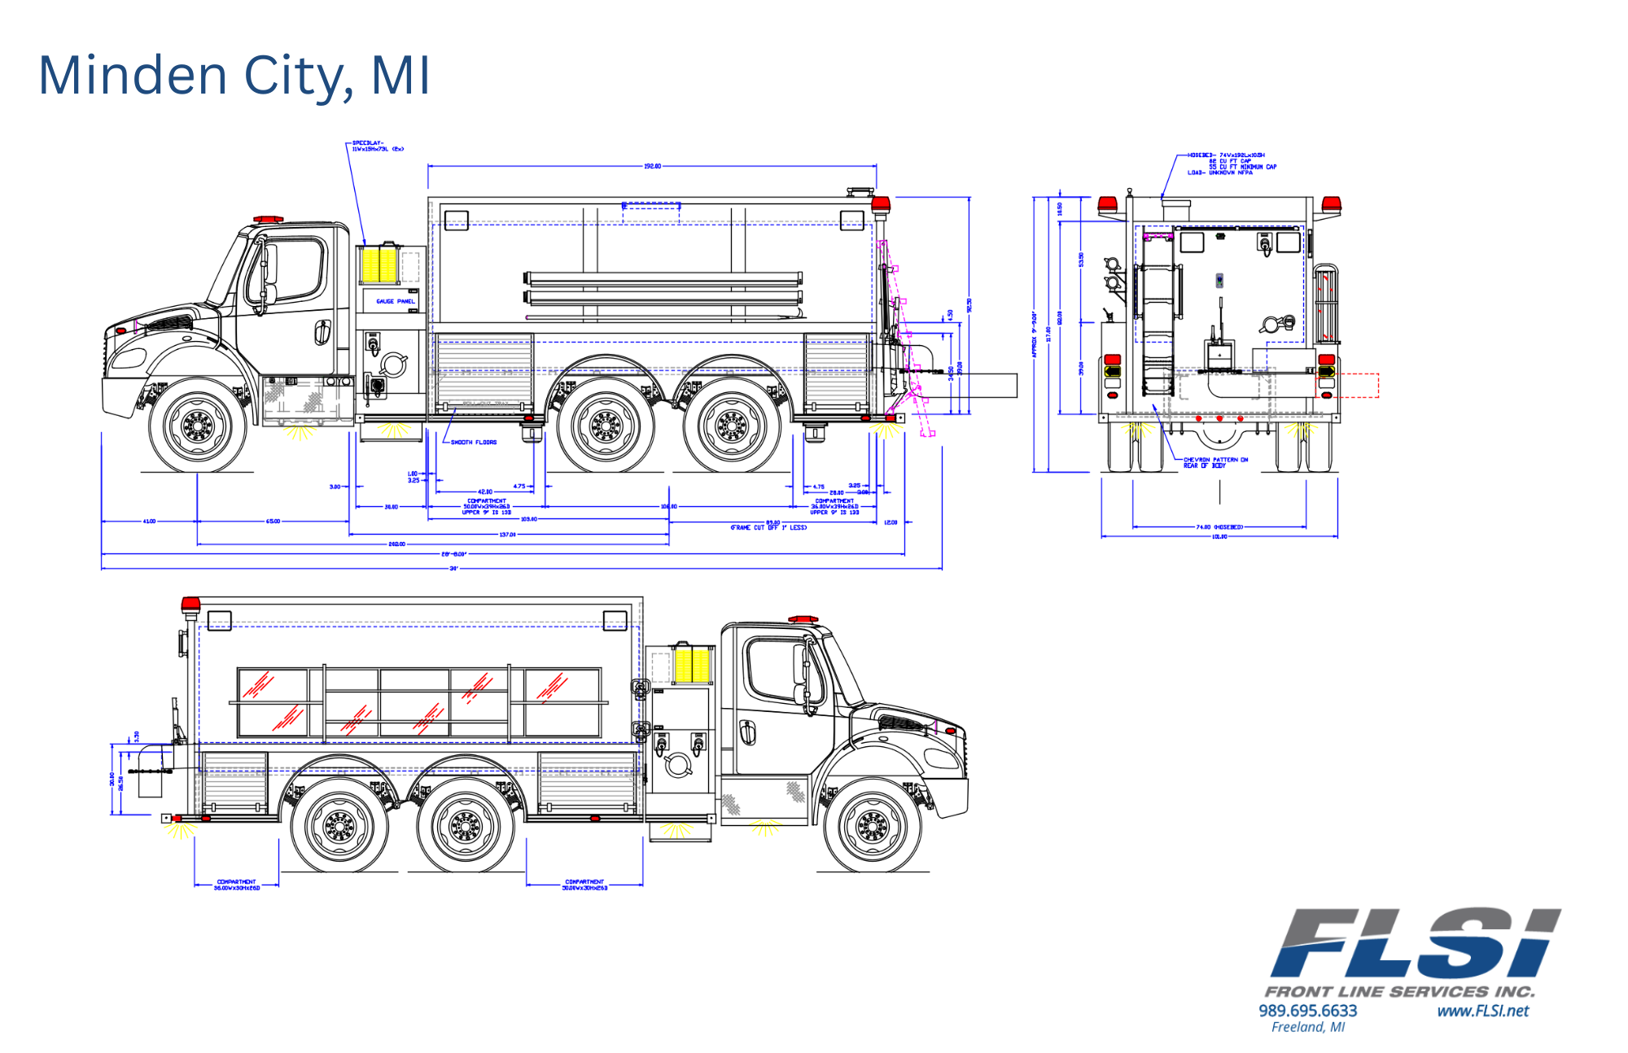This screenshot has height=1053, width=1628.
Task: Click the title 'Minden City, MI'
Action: point(234,75)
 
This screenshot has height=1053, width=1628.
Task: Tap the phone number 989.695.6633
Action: point(1307,1011)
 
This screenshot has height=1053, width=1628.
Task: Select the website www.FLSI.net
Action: point(1482,1011)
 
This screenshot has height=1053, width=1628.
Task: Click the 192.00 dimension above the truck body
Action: point(652,166)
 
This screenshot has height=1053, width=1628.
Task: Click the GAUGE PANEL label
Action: point(395,301)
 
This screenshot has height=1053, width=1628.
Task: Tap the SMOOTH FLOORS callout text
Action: point(473,443)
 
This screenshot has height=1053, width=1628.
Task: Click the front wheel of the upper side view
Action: point(197,425)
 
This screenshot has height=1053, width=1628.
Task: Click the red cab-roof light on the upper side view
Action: point(268,220)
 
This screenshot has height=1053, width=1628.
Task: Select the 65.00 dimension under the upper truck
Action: point(273,521)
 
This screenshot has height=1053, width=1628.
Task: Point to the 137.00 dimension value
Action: point(507,535)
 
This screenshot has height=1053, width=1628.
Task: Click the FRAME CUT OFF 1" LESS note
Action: point(768,527)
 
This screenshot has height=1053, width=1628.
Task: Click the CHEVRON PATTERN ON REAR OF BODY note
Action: point(1214,463)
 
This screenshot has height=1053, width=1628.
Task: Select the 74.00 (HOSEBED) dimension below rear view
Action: point(1219,527)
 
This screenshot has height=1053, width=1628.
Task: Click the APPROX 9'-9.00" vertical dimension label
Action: point(1035,334)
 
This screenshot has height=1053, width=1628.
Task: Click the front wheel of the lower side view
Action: point(872,827)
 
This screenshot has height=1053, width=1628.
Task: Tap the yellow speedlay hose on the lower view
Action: point(693,665)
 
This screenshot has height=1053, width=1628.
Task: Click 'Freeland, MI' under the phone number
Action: point(1307,1028)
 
